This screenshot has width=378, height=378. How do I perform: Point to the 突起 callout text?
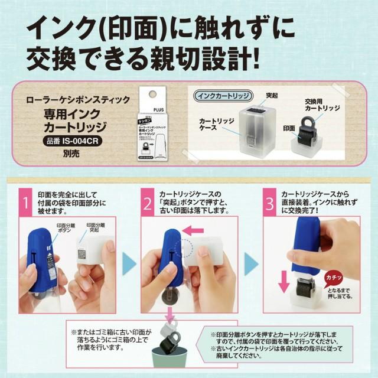pyautogui.click(x=272, y=95)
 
